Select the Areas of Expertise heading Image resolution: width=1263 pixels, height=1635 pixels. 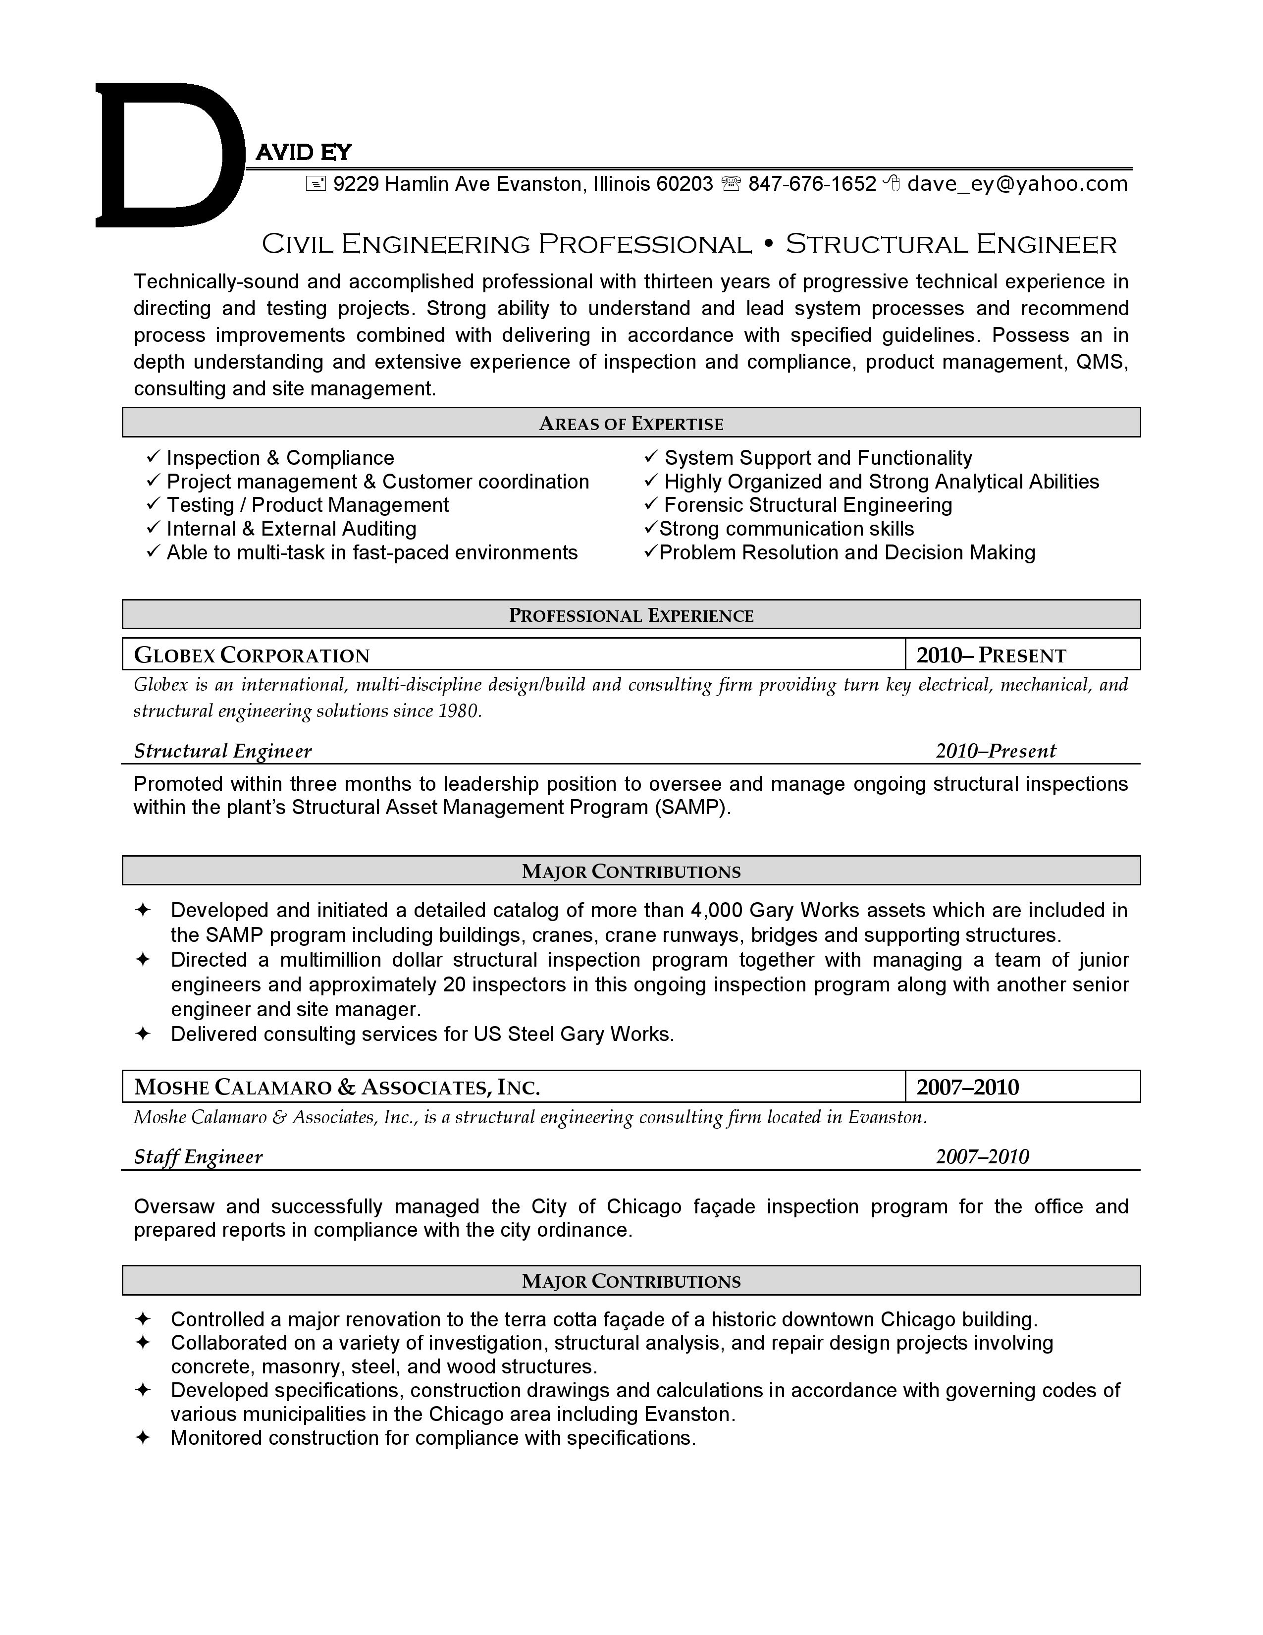click(x=631, y=424)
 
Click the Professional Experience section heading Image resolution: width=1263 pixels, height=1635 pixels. click(x=631, y=615)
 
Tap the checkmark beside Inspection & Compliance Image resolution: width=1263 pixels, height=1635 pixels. click(x=154, y=457)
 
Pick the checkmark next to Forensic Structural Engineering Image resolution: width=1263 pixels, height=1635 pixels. click(x=651, y=504)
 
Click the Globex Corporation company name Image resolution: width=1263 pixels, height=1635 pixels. click(x=252, y=656)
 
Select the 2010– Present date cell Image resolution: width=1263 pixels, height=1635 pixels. click(x=991, y=656)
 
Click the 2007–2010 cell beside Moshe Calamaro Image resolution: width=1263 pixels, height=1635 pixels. click(x=967, y=1087)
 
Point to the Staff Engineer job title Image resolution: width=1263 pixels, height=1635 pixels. click(x=198, y=1156)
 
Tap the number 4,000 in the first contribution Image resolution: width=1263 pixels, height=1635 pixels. click(x=716, y=910)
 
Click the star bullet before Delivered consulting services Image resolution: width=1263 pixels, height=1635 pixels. click(x=142, y=1034)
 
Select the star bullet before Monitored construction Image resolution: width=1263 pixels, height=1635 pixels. click(x=142, y=1437)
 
